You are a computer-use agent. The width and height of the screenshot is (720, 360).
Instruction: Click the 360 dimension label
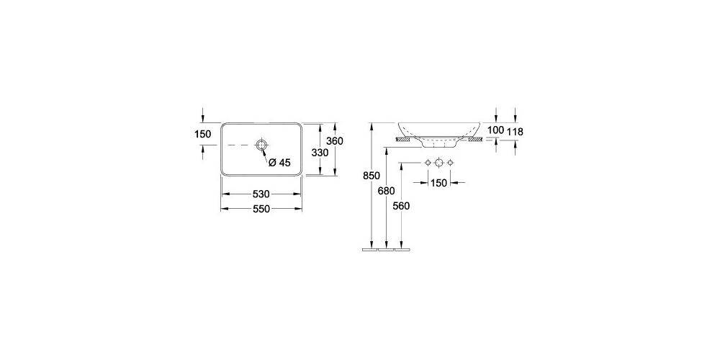coord(335,141)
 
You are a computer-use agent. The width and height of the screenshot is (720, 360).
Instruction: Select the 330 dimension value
coord(320,153)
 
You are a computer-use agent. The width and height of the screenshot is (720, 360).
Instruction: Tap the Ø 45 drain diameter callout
coord(279,162)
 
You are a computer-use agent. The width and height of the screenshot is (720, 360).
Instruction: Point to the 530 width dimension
coord(261,194)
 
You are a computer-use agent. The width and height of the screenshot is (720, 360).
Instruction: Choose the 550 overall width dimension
coord(261,209)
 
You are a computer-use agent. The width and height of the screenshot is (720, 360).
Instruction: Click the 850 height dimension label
coord(372,176)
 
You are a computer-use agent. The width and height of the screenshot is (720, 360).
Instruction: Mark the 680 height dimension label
coord(387,190)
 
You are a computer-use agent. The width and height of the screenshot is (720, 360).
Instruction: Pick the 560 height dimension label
coord(401,206)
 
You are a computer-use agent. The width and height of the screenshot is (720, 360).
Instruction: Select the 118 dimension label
coord(516,132)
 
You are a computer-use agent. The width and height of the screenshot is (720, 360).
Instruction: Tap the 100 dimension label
coord(496,130)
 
